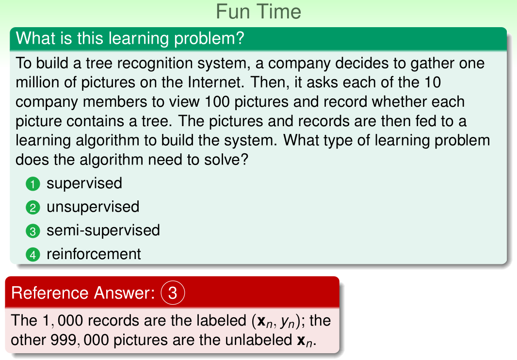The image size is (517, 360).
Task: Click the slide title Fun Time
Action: click(x=258, y=12)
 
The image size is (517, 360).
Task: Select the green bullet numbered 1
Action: click(x=32, y=184)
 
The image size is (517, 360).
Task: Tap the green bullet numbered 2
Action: click(x=32, y=208)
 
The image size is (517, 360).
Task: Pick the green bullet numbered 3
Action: click(x=32, y=231)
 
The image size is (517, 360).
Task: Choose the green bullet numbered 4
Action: click(x=32, y=255)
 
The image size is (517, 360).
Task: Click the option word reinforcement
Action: click(x=94, y=254)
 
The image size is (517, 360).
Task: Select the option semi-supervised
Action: click(x=103, y=230)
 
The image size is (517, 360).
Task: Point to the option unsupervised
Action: click(x=93, y=207)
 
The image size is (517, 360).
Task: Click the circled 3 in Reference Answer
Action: click(x=173, y=293)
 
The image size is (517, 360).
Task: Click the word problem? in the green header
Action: click(x=210, y=39)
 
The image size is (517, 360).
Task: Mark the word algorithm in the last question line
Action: click(x=112, y=160)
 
